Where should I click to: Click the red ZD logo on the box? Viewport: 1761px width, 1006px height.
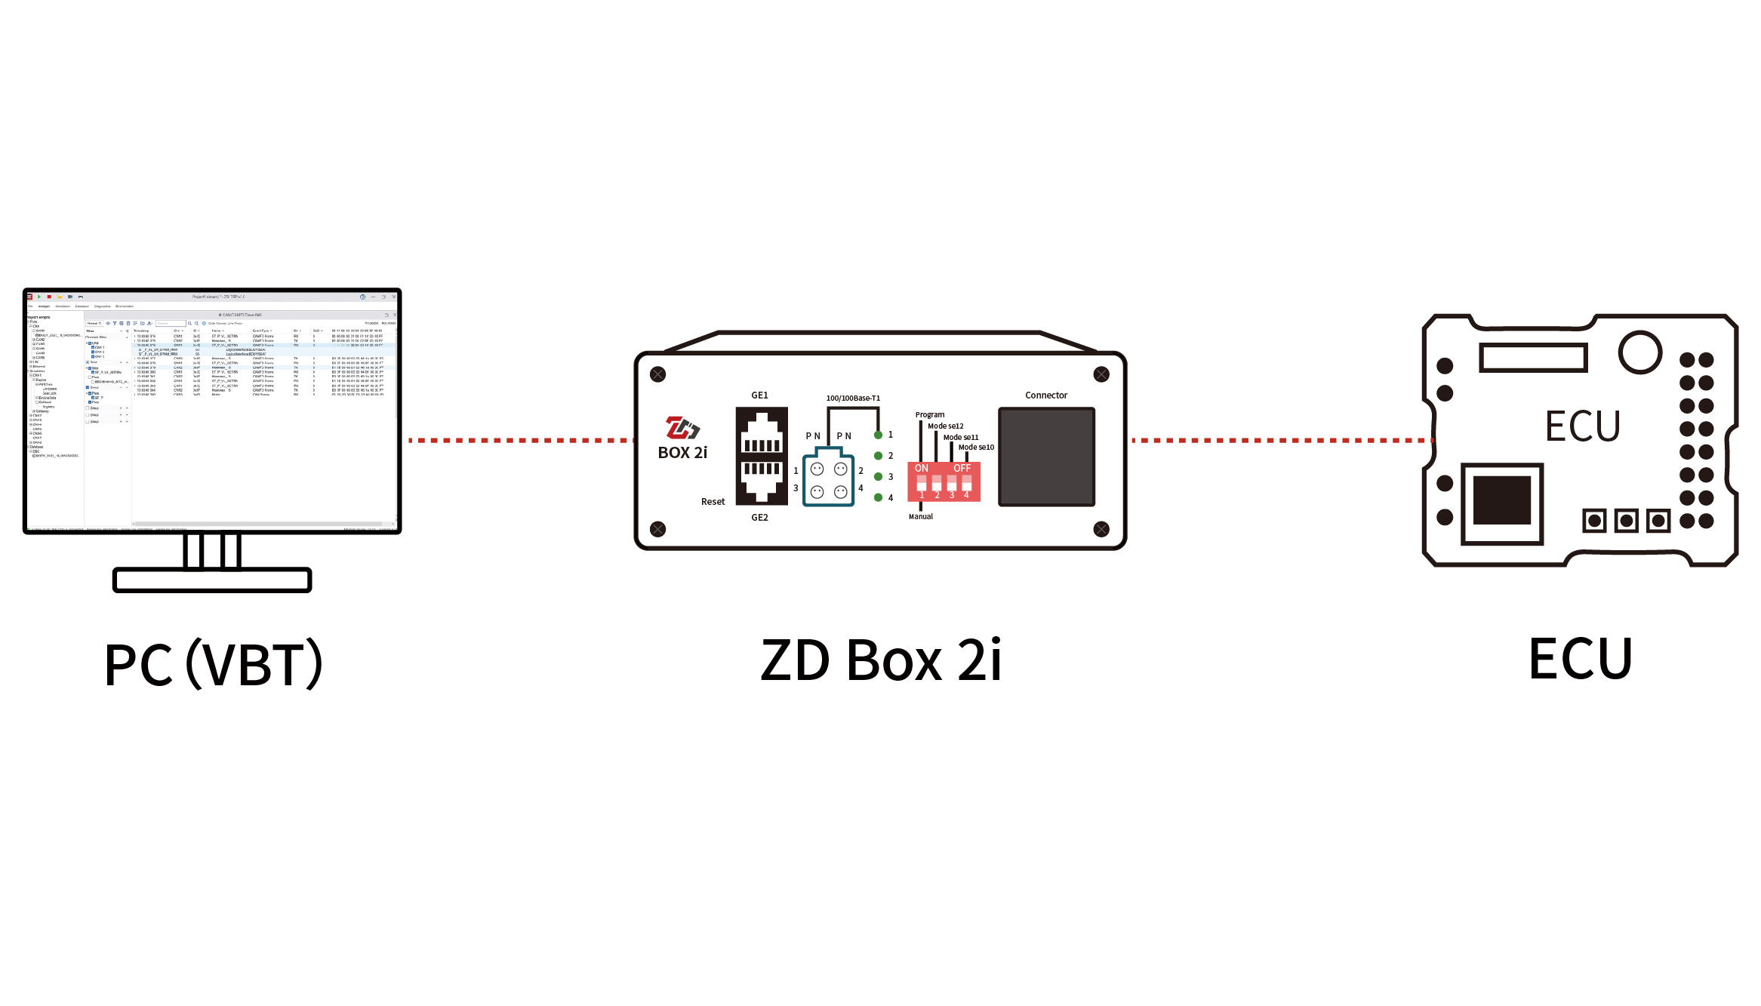click(682, 428)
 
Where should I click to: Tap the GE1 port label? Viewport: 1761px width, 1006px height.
click(759, 395)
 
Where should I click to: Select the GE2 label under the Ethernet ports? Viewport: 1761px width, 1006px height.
click(759, 518)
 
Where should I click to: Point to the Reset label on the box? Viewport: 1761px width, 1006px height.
click(713, 502)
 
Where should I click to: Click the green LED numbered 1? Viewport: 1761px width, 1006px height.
click(878, 435)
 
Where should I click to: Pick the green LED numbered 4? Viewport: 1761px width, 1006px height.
click(878, 497)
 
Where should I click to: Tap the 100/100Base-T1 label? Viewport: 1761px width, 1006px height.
click(853, 398)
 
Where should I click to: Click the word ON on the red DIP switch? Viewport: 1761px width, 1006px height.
click(922, 469)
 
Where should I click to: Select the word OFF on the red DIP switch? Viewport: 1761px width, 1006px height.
click(962, 469)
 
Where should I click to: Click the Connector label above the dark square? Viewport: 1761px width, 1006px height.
click(1046, 395)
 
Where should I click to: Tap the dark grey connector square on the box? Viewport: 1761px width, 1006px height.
click(1046, 457)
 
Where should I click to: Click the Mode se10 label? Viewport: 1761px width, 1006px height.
click(976, 448)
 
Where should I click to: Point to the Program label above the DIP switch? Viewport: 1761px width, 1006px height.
click(930, 415)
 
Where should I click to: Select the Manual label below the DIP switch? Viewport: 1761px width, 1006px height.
click(921, 517)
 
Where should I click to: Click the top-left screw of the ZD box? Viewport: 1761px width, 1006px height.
click(658, 374)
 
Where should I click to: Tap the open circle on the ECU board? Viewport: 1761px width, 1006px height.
click(1639, 352)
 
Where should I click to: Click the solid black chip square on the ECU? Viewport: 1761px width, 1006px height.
click(1501, 500)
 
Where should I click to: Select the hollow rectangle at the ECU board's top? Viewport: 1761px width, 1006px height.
click(1533, 358)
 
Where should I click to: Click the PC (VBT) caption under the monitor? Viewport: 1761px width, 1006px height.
click(214, 664)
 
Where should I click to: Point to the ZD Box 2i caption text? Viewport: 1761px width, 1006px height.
click(881, 660)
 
